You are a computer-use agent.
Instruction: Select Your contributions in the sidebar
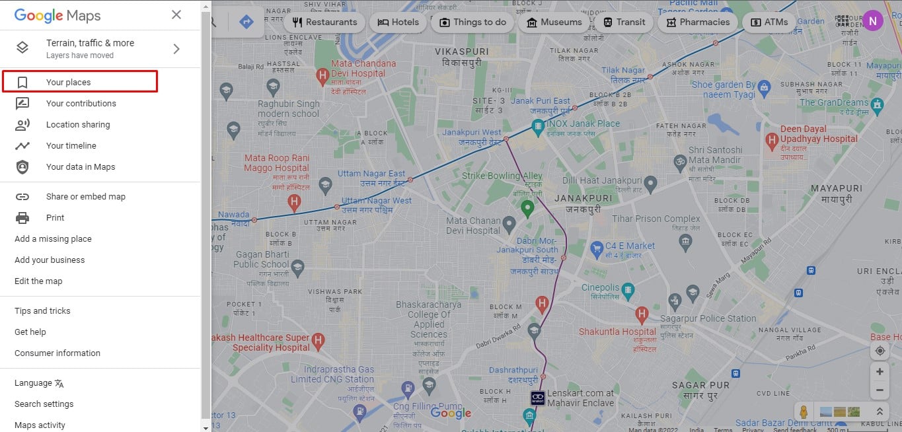pyautogui.click(x=81, y=104)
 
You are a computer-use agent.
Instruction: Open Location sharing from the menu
pyautogui.click(x=78, y=125)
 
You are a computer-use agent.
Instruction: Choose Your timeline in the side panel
pyautogui.click(x=71, y=146)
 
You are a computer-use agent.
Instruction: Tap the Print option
pyautogui.click(x=55, y=218)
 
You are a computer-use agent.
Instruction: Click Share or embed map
pyautogui.click(x=85, y=197)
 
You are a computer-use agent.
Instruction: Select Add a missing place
pyautogui.click(x=53, y=239)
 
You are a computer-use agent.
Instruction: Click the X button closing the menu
pyautogui.click(x=176, y=15)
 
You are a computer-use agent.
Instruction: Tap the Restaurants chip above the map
pyautogui.click(x=324, y=22)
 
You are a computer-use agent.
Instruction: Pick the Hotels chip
pyautogui.click(x=398, y=22)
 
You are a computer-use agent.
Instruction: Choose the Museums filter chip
pyautogui.click(x=554, y=22)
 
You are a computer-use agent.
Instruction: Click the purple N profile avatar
pyautogui.click(x=872, y=20)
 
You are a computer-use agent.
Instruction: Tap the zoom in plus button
pyautogui.click(x=880, y=372)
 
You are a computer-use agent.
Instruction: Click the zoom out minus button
pyautogui.click(x=880, y=390)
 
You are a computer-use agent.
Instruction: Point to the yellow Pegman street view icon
pyautogui.click(x=804, y=412)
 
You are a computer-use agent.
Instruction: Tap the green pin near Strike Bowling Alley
pyautogui.click(x=527, y=209)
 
